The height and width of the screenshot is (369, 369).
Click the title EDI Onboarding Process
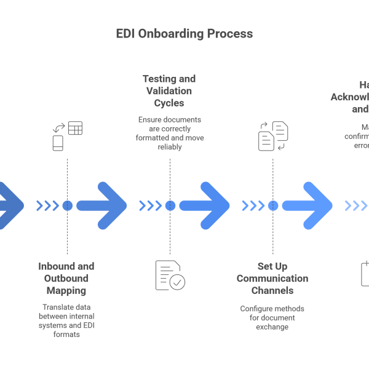click(184, 34)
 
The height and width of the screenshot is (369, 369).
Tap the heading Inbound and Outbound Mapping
click(66, 278)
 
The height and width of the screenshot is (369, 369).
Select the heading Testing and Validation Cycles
click(169, 90)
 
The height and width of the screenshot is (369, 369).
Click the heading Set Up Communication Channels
click(272, 278)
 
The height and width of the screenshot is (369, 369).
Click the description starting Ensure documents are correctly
click(170, 129)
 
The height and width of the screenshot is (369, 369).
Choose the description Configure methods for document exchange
click(272, 317)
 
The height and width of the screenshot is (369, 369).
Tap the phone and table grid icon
click(67, 136)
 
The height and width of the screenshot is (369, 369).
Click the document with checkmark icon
click(170, 274)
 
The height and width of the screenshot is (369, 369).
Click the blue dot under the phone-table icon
click(67, 205)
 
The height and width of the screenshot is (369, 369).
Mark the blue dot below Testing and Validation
click(170, 205)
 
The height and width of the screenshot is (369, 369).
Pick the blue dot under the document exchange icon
click(273, 205)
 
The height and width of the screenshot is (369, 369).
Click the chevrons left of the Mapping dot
click(47, 205)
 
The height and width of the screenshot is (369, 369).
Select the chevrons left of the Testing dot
click(151, 205)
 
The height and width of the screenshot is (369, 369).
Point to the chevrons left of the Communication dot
click(253, 205)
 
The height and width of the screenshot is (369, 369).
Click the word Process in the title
click(230, 34)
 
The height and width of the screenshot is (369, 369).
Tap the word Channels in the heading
click(272, 290)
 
